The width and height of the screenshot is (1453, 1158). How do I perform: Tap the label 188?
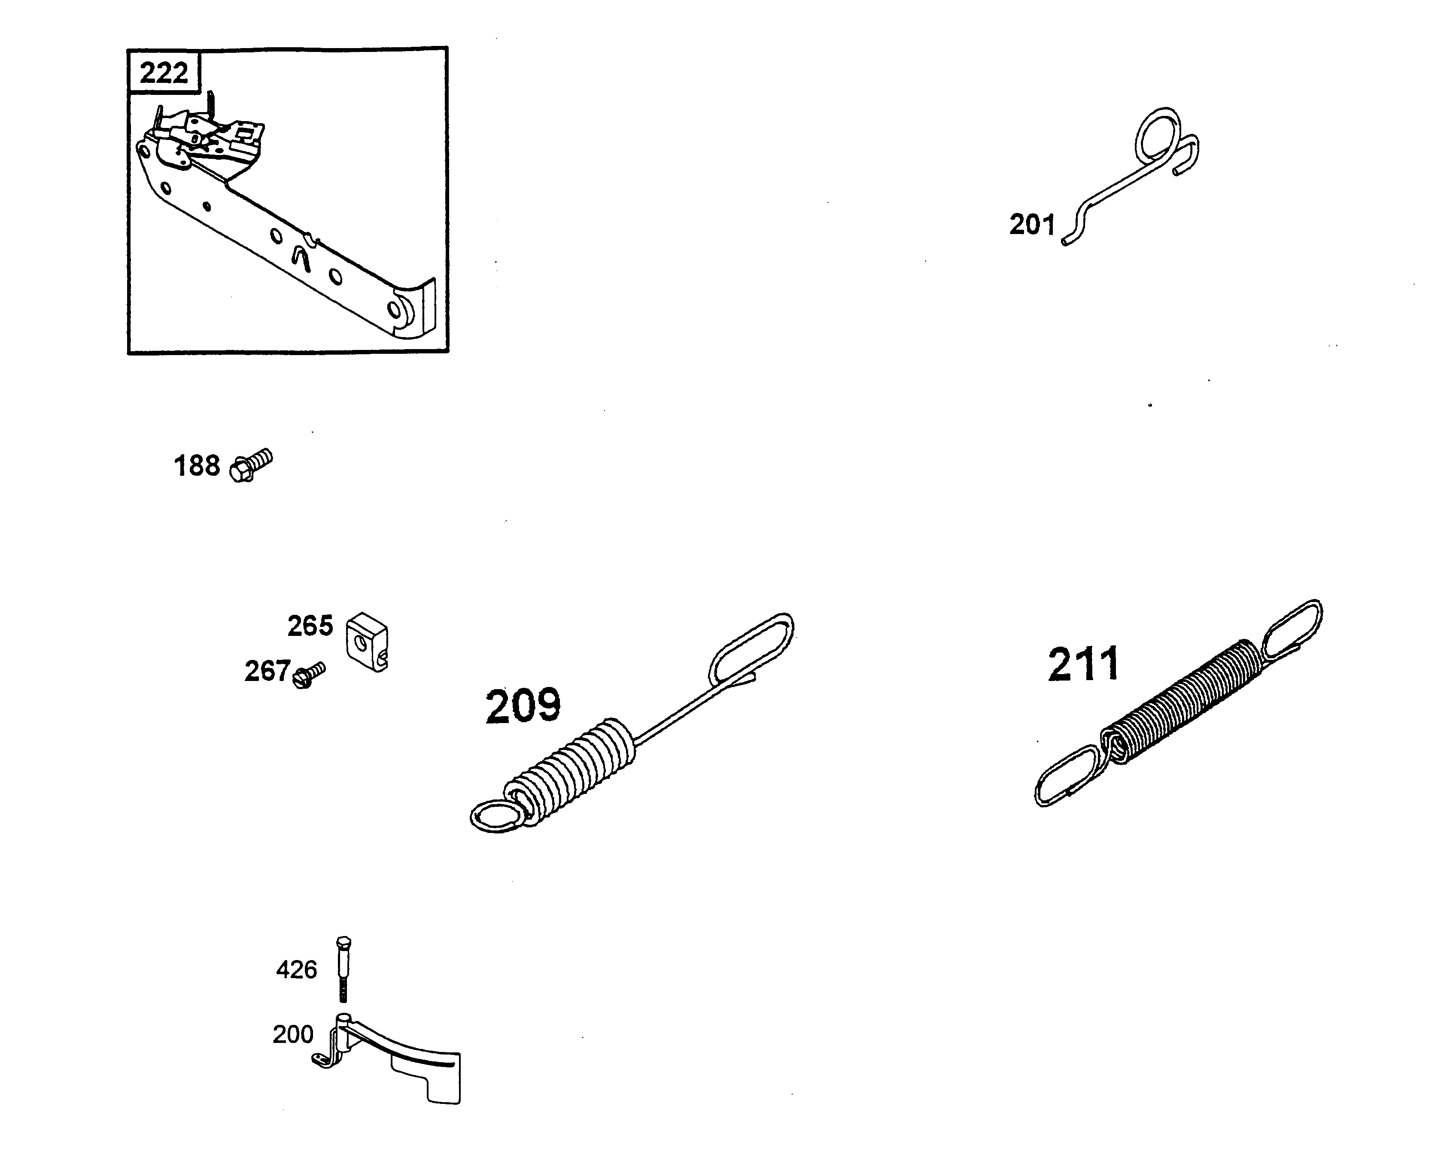coord(197,466)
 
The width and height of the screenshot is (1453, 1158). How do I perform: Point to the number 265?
coord(310,626)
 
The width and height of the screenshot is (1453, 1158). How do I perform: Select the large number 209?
coord(523,706)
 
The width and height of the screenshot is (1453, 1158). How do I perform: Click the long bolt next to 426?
coord(343,969)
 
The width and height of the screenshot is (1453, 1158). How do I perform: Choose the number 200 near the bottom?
coord(293,1034)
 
